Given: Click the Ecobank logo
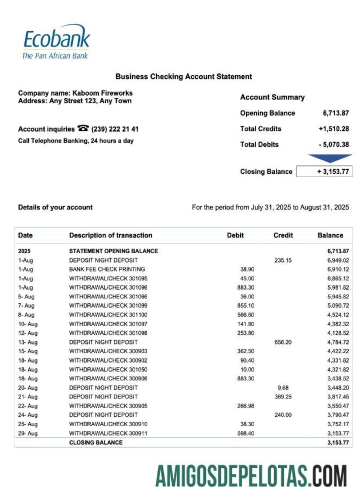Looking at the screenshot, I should [56, 41].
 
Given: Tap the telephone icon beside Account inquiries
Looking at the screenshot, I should [83, 129].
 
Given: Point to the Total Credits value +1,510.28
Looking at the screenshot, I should [334, 129].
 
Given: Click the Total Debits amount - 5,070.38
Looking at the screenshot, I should [334, 145].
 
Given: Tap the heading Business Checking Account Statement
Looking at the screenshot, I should [184, 77].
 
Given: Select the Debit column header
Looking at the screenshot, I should [235, 235].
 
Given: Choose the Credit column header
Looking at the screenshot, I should [283, 235].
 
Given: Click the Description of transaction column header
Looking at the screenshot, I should [111, 235].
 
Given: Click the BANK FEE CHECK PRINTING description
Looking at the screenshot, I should [107, 270].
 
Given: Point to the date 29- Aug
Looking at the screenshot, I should [28, 433].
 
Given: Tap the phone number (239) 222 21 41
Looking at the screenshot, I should [115, 129].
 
